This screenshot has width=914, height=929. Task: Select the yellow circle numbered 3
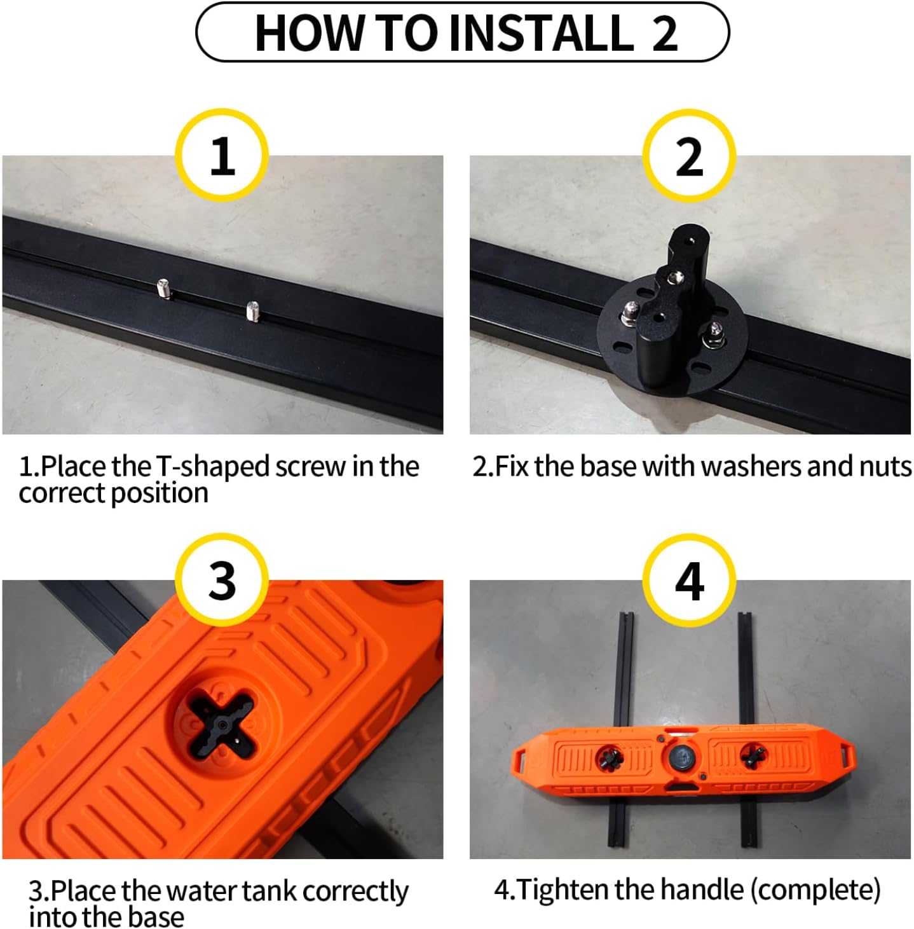(x=222, y=581)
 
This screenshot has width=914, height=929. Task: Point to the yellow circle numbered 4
(x=690, y=581)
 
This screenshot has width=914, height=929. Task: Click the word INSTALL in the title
(x=540, y=33)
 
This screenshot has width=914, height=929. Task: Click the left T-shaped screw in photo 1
(x=164, y=289)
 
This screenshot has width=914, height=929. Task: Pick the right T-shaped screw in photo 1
(x=253, y=311)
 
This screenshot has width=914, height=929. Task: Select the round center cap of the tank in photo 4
(x=681, y=755)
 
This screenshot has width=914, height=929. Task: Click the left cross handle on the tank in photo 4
(x=610, y=757)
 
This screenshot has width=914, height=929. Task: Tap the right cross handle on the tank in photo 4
(x=753, y=756)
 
